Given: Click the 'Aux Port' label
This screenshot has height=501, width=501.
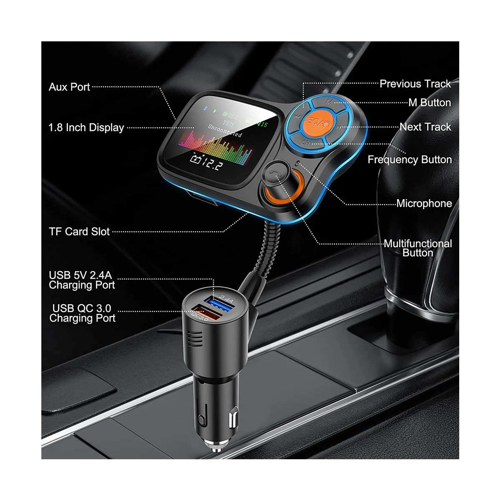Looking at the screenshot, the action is (69, 87).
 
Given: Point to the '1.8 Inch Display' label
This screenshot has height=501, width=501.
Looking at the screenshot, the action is (86, 128).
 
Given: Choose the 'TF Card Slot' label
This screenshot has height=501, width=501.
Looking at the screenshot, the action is (79, 231).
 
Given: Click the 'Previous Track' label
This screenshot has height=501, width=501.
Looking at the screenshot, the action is (415, 84).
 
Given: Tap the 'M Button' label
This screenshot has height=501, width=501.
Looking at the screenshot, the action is (430, 103).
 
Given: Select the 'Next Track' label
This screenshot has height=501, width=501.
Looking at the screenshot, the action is (425, 127).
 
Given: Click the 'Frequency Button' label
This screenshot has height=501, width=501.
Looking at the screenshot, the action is (410, 159).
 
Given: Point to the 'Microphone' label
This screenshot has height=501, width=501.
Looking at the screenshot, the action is (424, 203).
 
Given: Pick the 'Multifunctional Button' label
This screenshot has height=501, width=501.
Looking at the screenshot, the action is (418, 248).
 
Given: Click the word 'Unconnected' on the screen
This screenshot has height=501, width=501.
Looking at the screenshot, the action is (225, 131).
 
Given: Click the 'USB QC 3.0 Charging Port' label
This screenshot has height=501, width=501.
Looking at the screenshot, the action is (82, 313).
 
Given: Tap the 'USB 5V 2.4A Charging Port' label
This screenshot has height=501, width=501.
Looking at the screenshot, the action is (82, 280).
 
